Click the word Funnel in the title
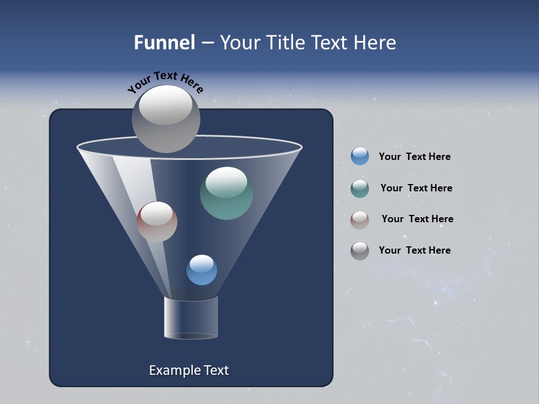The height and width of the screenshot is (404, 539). [x=164, y=43]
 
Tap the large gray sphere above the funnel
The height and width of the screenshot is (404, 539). [x=166, y=119]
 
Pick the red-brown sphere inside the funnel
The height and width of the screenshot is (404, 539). [x=157, y=222]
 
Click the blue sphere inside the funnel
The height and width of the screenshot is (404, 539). [x=202, y=270]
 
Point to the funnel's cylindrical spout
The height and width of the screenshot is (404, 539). [x=191, y=318]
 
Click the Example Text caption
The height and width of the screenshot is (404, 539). [x=189, y=370]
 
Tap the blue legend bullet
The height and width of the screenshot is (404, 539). [x=360, y=157]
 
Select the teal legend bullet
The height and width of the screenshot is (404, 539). [x=360, y=189]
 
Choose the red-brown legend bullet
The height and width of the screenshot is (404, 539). [x=360, y=219]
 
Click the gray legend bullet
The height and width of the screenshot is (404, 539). [x=360, y=251]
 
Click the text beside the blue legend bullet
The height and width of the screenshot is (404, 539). [x=414, y=157]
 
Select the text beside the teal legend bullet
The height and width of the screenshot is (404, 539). [x=416, y=189]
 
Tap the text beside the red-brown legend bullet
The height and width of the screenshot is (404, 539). [x=417, y=219]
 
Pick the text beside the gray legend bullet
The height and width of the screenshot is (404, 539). [x=414, y=251]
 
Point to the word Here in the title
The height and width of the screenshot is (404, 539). [x=375, y=43]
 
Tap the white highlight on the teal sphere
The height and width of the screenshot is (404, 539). [x=226, y=181]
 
